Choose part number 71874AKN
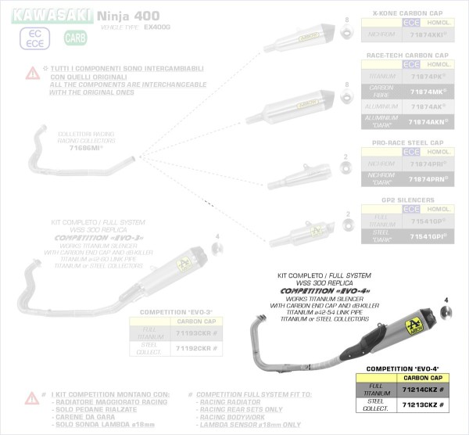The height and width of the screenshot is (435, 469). coord(428,122)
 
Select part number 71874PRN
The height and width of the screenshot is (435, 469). coord(428,179)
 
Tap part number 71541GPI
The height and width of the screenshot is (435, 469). coord(428,235)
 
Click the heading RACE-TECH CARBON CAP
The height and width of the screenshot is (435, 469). coord(406,56)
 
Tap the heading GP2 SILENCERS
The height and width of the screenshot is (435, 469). coord(406,200)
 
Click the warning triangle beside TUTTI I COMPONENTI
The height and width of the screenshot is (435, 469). coord(32,73)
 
